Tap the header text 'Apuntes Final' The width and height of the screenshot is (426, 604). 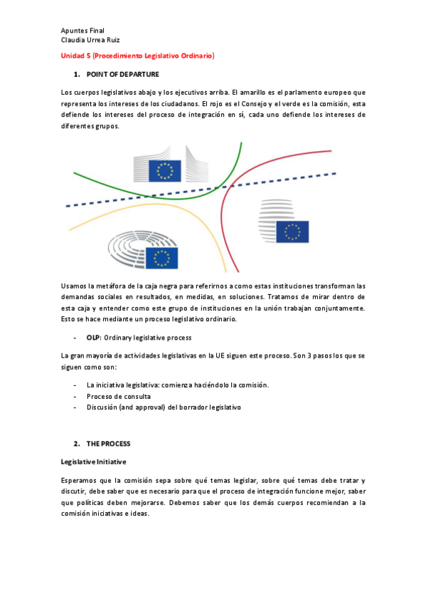point(82,31)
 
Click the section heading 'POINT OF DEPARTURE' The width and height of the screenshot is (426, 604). point(122,74)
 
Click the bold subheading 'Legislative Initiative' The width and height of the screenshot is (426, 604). point(93,462)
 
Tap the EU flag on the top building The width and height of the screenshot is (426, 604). point(164,171)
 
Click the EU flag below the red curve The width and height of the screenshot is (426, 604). point(292,231)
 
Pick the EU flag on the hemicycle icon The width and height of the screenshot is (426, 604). point(164,258)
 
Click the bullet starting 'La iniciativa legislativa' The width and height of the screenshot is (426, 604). point(177,385)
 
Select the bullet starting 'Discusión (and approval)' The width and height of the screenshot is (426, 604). point(164,407)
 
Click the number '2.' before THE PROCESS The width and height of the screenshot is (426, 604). point(76,444)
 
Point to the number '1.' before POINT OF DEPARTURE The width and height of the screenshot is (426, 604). point(76,74)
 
